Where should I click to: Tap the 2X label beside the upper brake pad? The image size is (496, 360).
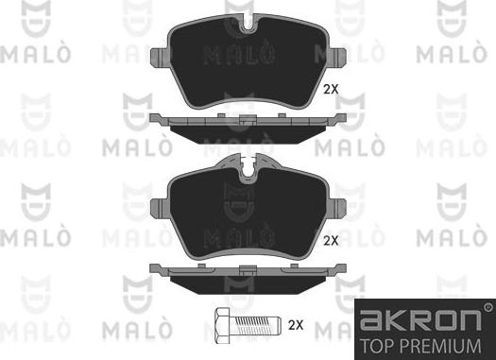tap(331, 90)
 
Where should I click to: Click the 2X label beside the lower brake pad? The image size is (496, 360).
tap(331, 241)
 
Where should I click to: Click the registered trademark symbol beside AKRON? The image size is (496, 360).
tap(487, 307)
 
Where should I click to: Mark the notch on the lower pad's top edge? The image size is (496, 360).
tap(249, 170)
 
